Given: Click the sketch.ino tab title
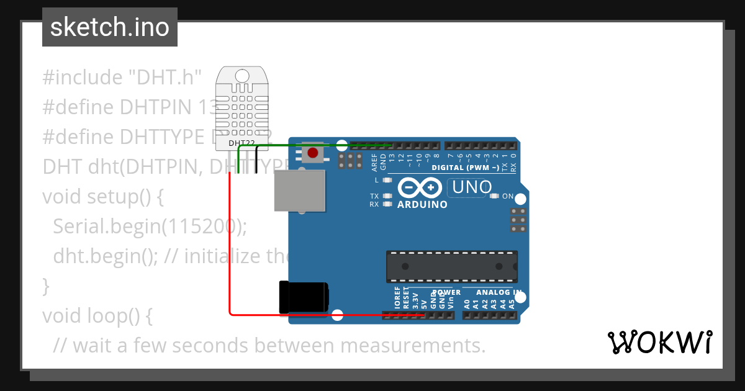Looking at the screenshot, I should [x=110, y=27].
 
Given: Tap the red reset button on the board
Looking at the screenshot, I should [x=313, y=153].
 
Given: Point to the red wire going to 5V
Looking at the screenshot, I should [x=230, y=248].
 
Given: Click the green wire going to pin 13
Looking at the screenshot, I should [x=310, y=145].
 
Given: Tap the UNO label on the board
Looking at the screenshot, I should [x=472, y=187].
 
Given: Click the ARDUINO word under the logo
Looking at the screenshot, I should [x=422, y=205].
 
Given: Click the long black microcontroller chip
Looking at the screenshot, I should [x=452, y=266].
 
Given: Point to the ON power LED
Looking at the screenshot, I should [x=495, y=196].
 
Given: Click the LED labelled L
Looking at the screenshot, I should [x=388, y=180].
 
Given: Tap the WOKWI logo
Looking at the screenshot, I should [x=659, y=342].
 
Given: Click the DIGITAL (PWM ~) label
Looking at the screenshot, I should [x=466, y=168].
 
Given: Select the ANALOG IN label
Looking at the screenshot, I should [x=499, y=292].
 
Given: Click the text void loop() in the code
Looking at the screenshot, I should [x=97, y=315].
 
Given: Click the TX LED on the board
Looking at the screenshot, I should [x=388, y=196].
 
